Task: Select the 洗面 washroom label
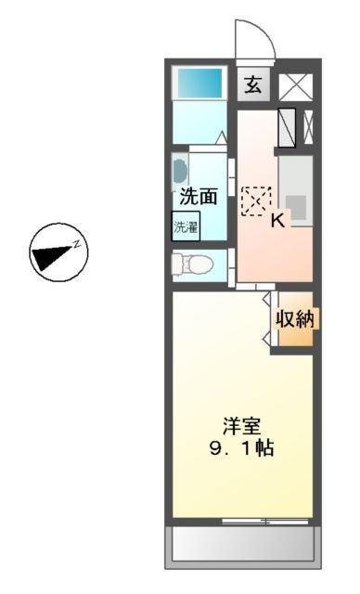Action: [x=198, y=196]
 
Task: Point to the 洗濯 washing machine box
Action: [x=185, y=226]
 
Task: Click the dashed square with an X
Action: [x=255, y=200]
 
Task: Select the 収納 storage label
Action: [x=294, y=319]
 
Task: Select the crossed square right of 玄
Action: [x=298, y=86]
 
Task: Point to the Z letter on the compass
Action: [x=79, y=244]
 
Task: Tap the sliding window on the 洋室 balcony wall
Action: [x=264, y=520]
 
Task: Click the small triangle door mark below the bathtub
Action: [x=221, y=138]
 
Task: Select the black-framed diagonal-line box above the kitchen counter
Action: [x=287, y=128]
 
